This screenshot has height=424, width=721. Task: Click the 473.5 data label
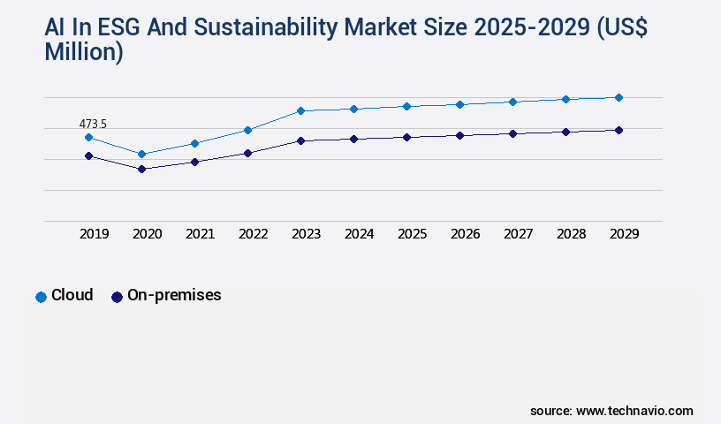93,125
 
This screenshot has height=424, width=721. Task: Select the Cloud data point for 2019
88,137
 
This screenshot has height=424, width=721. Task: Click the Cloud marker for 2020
141,154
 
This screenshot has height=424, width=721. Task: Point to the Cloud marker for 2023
300,110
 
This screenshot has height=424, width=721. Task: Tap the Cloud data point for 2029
619,97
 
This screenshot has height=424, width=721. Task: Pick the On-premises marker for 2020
141,169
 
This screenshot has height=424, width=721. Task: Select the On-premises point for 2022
247,153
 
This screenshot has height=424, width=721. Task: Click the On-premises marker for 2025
406,137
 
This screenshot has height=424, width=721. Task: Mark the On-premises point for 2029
619,130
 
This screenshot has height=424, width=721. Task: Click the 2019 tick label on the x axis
94,234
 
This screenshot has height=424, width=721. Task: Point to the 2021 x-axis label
200,234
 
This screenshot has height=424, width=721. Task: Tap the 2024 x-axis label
359,234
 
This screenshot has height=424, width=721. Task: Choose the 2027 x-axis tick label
518,234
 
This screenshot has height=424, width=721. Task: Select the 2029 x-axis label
624,234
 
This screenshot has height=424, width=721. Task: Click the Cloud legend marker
41,297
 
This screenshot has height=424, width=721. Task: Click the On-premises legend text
174,295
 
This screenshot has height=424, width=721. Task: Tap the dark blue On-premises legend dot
117,297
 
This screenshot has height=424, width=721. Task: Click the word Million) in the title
83,52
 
